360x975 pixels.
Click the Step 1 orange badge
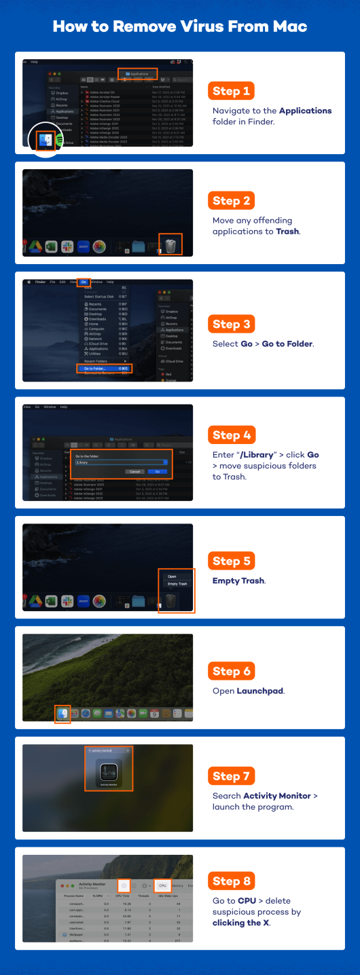coord(231,91)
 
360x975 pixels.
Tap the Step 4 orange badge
coord(231,435)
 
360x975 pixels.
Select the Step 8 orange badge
coord(231,881)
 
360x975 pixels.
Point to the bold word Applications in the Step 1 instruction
coord(305,111)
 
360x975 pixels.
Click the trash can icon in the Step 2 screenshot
coord(170,245)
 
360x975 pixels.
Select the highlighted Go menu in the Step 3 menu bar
coord(84,282)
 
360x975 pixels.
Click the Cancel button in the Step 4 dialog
coord(134,471)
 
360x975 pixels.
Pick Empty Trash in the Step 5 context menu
coord(177,584)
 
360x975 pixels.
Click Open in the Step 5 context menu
coord(172,576)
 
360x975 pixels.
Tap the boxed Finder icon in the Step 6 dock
coord(62,714)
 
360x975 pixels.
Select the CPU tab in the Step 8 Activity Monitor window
coord(163,886)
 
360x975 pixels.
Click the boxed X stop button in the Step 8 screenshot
coord(124,886)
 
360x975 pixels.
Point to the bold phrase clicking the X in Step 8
coord(240,923)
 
